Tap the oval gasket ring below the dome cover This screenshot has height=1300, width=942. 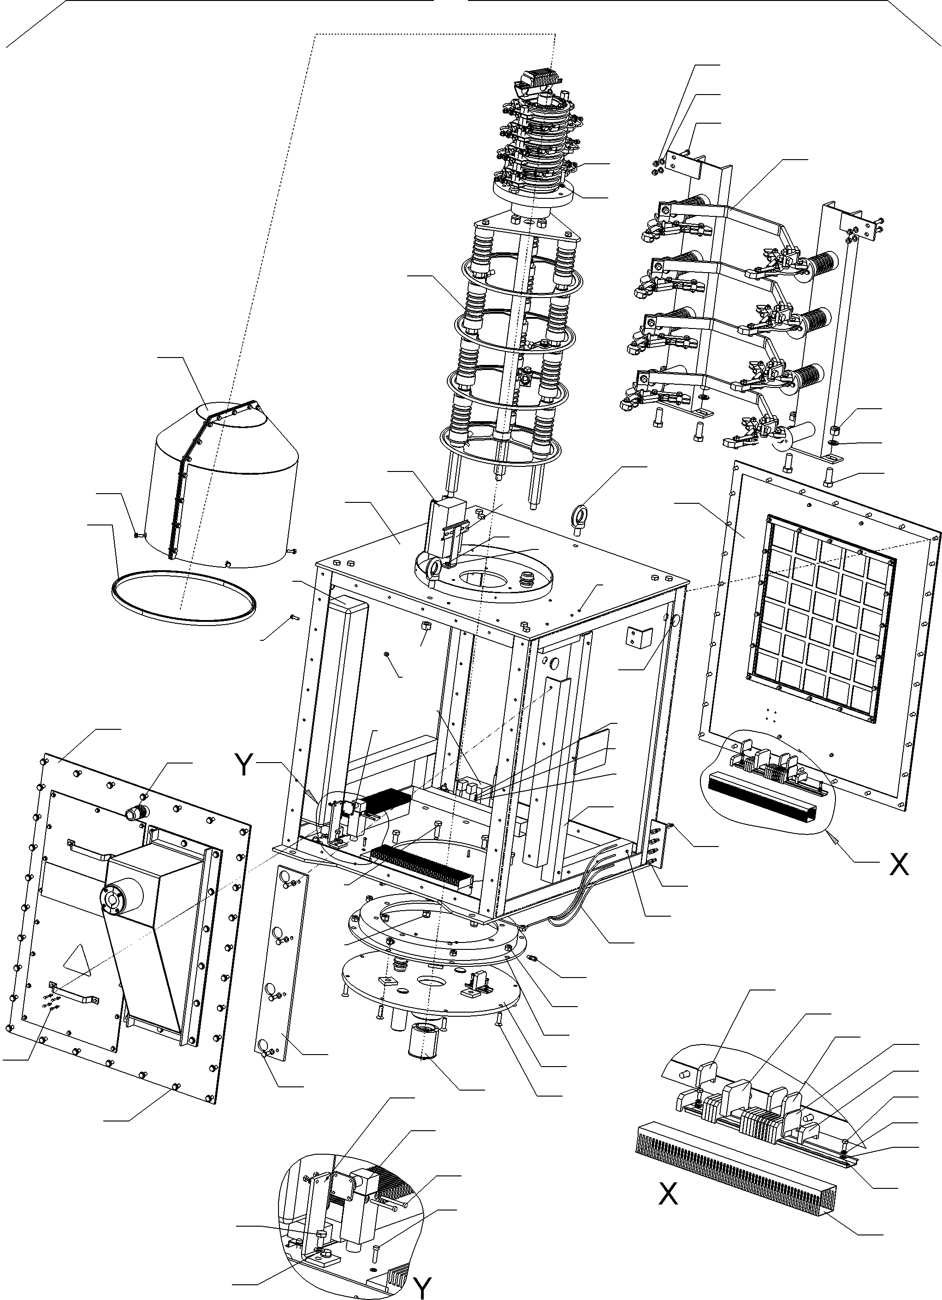pyautogui.click(x=184, y=596)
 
